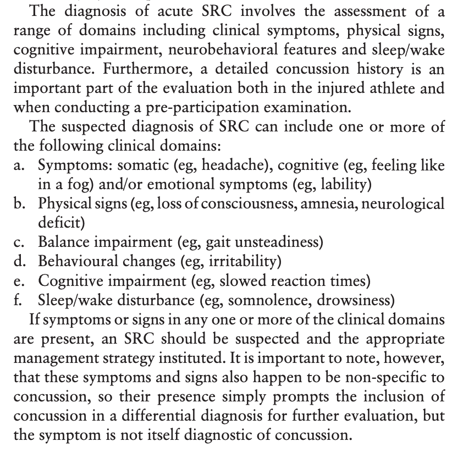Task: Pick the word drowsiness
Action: pos(351,300)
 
